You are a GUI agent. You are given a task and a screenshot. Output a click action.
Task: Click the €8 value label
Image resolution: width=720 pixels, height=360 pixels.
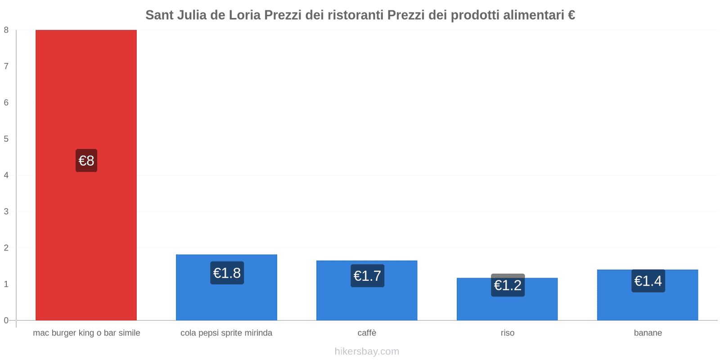[86, 161]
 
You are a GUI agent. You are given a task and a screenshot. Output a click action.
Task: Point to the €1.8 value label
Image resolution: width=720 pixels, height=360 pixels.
[227, 273]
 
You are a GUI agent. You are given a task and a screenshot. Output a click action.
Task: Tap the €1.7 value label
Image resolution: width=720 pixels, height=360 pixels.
[367, 275]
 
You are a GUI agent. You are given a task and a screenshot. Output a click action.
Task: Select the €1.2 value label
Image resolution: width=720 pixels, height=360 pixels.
[508, 285]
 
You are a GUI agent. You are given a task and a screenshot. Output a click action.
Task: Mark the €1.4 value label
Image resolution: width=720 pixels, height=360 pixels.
[648, 281]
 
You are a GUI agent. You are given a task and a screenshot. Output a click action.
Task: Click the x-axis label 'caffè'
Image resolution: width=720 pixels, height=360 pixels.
[367, 333]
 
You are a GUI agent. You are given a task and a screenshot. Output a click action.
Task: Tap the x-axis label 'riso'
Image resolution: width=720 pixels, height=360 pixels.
[507, 333]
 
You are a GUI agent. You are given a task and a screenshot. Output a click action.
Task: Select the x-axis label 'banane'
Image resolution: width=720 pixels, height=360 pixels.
[648, 333]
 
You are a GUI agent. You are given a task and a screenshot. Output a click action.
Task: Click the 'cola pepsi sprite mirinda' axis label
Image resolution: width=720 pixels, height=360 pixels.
[226, 333]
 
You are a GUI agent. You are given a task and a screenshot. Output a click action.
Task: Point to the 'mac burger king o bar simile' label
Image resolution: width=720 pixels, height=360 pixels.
[86, 333]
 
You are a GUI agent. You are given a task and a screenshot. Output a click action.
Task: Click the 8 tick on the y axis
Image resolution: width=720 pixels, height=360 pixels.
[6, 30]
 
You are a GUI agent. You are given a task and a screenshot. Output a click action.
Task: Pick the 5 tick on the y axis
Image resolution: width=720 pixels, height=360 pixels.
[6, 139]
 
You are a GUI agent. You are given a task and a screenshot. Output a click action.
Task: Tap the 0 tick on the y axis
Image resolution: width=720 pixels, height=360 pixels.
[6, 320]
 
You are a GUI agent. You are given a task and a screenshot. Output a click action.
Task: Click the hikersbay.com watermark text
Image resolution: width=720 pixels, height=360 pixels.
[367, 351]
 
